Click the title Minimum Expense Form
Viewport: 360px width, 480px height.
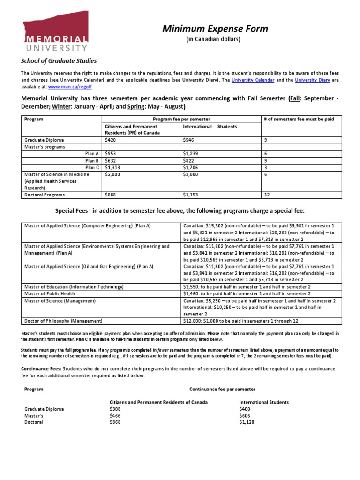215,29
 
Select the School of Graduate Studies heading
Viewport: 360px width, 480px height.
59,61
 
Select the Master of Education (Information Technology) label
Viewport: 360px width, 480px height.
74,287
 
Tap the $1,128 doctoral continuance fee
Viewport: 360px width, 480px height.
247,422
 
